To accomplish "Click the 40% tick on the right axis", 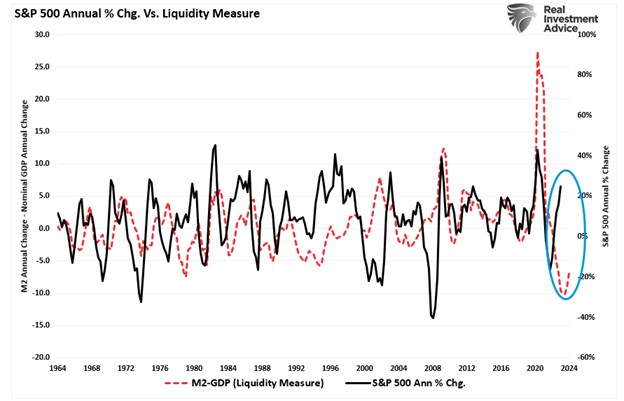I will pyautogui.click(x=584, y=155).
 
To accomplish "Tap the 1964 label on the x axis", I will pyautogui.click(x=57, y=368).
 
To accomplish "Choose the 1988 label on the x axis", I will pyautogui.click(x=262, y=368).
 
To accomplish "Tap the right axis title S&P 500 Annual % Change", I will pyautogui.click(x=606, y=195).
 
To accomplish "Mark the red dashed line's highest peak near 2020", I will pyautogui.click(x=538, y=53).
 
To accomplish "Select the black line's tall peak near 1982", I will pyautogui.click(x=215, y=145).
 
